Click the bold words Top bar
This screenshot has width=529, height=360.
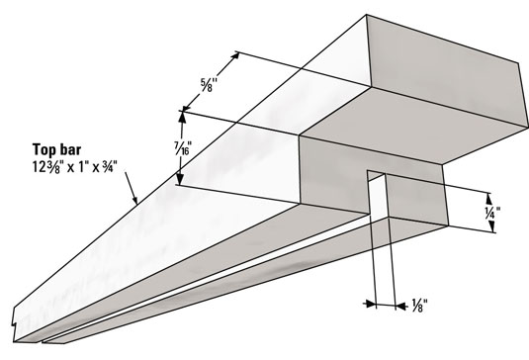click(56, 149)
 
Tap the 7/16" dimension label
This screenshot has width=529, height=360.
click(183, 148)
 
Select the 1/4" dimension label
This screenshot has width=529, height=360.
click(492, 213)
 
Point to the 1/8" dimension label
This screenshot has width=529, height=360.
click(419, 306)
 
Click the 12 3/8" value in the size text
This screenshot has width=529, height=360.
click(46, 167)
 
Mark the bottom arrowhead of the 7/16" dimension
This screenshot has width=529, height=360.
click(180, 179)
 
